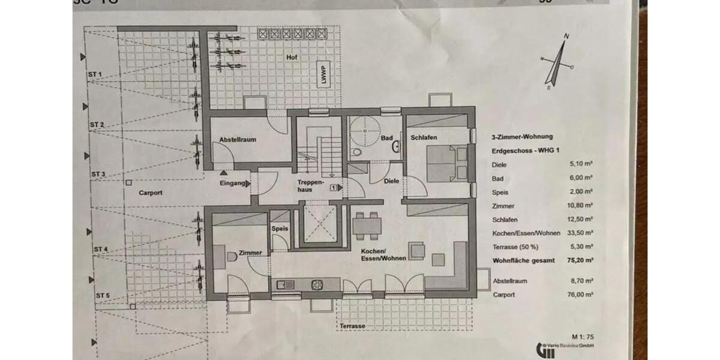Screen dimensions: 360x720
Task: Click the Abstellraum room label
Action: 238,139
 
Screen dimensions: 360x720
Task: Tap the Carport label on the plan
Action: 151,193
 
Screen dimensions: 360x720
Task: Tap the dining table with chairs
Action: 367,224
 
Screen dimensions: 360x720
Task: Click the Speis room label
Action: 280,229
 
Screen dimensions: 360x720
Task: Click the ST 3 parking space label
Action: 98,174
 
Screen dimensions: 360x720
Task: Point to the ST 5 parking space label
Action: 102,296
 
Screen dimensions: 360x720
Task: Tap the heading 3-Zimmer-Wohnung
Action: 522,137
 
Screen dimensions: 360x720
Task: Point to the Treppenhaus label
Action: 311,184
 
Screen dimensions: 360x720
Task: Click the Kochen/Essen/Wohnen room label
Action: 384,254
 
